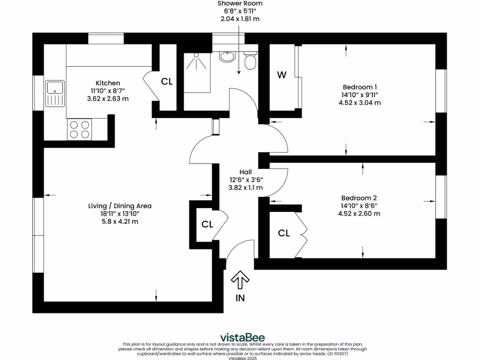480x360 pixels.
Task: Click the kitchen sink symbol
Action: click(x=55, y=93)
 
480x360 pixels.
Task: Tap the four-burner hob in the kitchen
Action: click(x=79, y=129)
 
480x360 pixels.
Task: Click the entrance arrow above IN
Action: click(x=240, y=280)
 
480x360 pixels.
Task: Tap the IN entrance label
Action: click(x=240, y=298)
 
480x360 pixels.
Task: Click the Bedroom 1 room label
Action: click(x=360, y=87)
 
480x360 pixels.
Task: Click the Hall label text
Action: click(x=246, y=172)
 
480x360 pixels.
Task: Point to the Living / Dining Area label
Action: click(x=120, y=206)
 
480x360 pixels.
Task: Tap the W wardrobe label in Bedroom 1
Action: click(x=281, y=75)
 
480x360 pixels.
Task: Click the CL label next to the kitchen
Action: click(x=167, y=82)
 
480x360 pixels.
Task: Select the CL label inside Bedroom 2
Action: click(x=284, y=233)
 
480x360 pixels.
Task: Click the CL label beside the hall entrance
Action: click(x=207, y=225)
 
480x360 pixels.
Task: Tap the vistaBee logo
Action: click(x=242, y=337)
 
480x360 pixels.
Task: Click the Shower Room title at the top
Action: click(x=240, y=4)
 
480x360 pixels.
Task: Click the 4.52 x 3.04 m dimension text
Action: click(x=360, y=103)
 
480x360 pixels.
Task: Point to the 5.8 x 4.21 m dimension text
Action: click(x=119, y=222)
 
